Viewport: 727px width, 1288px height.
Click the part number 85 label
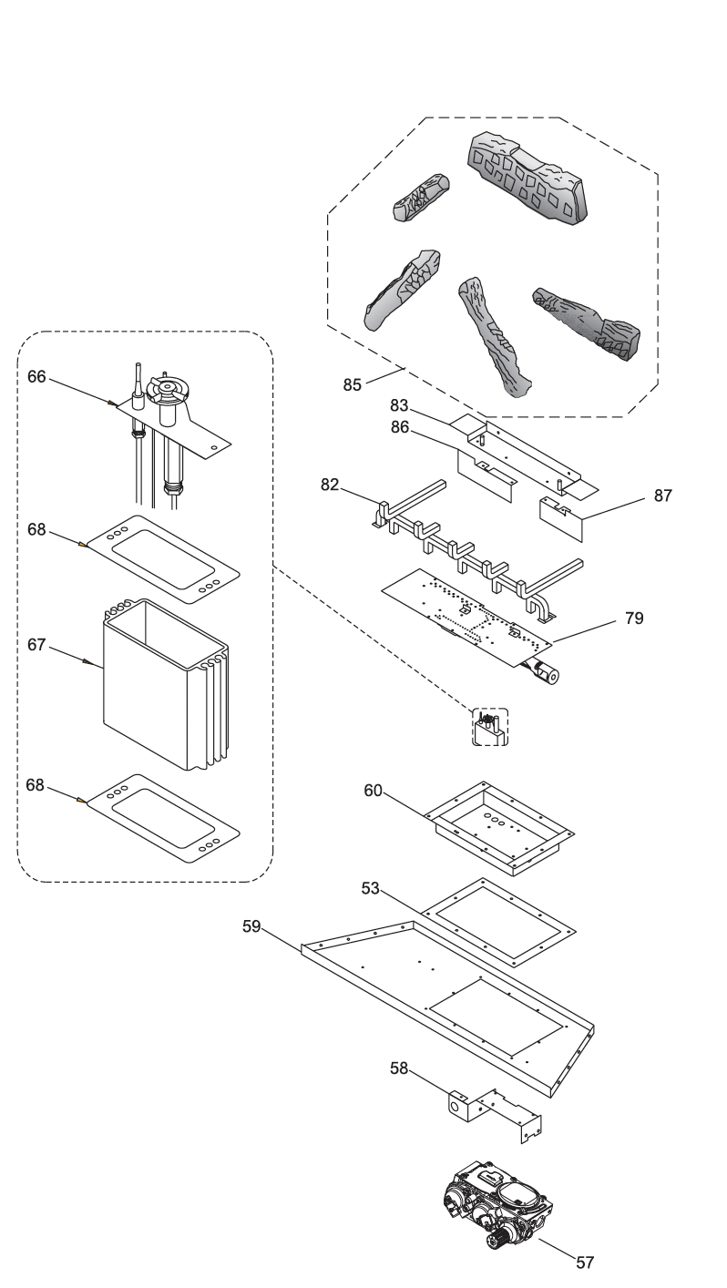[x=352, y=384]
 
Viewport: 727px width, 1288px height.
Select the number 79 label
[x=634, y=618]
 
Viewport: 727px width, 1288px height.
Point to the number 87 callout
[x=662, y=496]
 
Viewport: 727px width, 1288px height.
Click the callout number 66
[x=36, y=376]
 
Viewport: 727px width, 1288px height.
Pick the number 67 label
[x=36, y=645]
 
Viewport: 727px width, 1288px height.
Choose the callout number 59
[x=251, y=926]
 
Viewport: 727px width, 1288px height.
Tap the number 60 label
[x=373, y=791]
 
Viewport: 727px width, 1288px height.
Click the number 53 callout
[x=371, y=888]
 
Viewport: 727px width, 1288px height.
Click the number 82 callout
[x=330, y=485]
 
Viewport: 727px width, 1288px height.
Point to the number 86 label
[x=399, y=427]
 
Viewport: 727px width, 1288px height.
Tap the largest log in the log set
[x=527, y=177]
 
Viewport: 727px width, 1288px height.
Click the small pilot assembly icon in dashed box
[x=490, y=728]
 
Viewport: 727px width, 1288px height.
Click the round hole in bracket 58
[x=456, y=1106]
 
